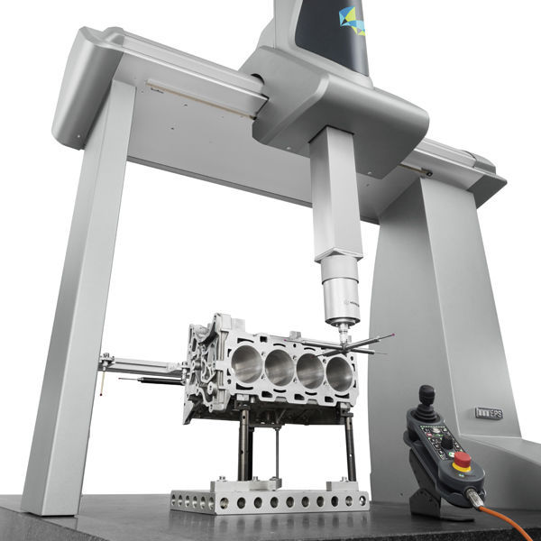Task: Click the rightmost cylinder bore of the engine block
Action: pyautogui.click(x=339, y=372)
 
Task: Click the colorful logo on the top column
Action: pyautogui.click(x=351, y=19)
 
